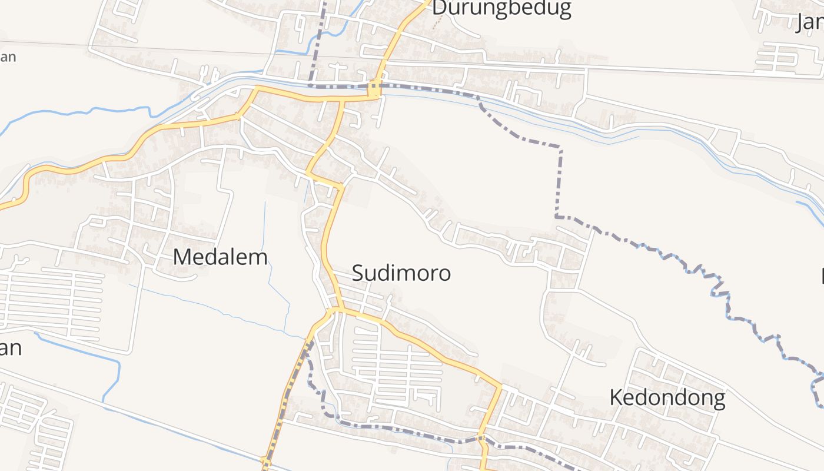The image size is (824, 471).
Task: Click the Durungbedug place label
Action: click(501, 8)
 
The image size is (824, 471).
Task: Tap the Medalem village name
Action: click(221, 257)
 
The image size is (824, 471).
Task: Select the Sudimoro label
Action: click(401, 273)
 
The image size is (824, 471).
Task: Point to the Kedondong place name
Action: click(667, 398)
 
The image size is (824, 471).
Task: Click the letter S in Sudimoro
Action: click(358, 273)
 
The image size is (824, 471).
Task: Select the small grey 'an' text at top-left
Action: click(8, 57)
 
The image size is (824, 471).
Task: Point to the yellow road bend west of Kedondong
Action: click(500, 387)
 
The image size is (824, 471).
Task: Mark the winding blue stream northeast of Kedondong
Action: click(724, 294)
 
